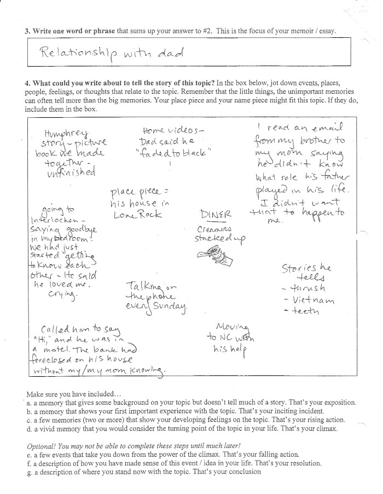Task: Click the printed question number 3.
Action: click(x=27, y=31)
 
